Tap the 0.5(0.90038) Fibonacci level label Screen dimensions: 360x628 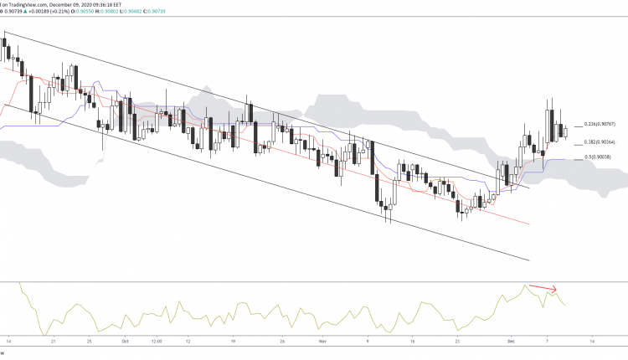(x=601, y=157)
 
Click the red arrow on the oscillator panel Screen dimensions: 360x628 (x=542, y=290)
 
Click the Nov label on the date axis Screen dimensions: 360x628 (x=322, y=342)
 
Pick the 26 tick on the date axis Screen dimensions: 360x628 (x=285, y=342)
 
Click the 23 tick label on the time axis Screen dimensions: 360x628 (x=456, y=342)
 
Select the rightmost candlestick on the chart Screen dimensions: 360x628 (x=565, y=131)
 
